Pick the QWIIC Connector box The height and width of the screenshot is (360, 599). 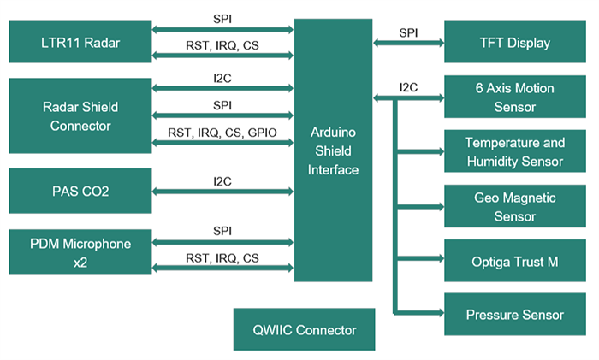coord(304,330)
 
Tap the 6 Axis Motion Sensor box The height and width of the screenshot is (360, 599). coord(515,97)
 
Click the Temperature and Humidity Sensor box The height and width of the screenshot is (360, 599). coord(515,152)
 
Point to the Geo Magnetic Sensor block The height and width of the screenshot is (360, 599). coord(515,207)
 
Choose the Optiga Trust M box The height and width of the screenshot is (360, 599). coord(515,261)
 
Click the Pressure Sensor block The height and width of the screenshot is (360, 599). coord(515,315)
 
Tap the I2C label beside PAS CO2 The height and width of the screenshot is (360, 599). coord(222,181)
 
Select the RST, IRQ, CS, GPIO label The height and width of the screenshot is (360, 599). coord(222,133)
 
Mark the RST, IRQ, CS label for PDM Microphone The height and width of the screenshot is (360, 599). coord(222,257)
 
